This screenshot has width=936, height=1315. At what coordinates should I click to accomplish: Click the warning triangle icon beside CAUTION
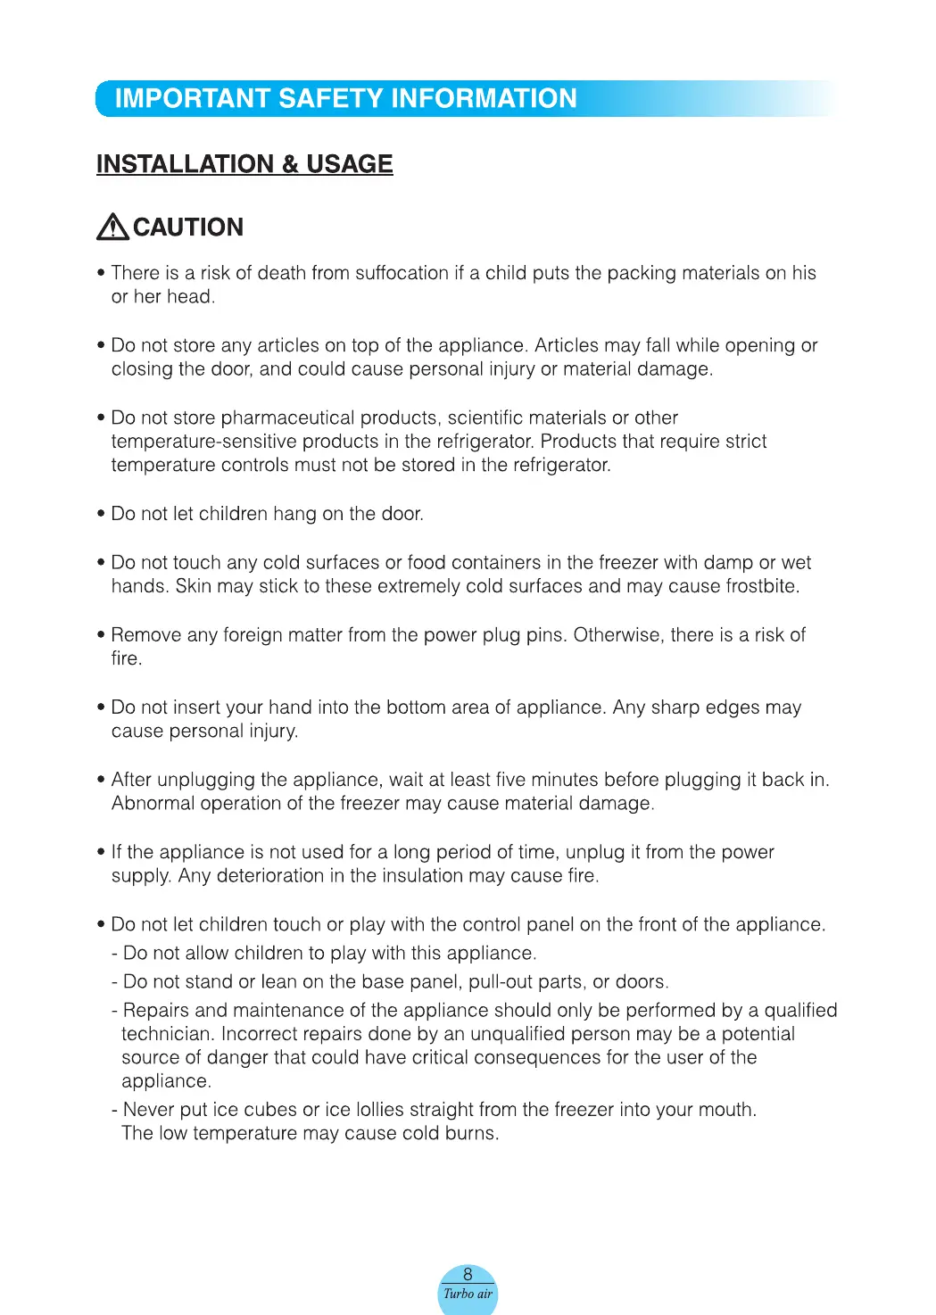(x=112, y=227)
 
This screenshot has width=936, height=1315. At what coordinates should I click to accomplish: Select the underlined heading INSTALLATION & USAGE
(x=244, y=164)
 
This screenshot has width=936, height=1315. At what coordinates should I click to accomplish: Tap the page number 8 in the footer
(x=468, y=1275)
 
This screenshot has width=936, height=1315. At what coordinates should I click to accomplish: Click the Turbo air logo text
(x=468, y=1294)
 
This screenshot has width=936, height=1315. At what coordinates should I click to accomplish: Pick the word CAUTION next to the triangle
(x=188, y=227)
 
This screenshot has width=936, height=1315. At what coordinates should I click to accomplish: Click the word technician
(x=167, y=1034)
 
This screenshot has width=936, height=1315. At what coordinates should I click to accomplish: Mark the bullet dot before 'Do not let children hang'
(x=101, y=514)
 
